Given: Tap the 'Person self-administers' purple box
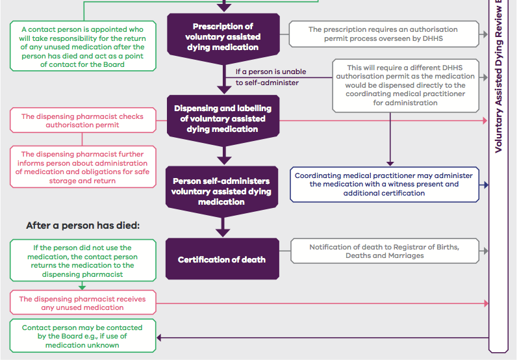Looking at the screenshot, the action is pos(222,192).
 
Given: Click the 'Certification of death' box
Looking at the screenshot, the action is pos(222,259).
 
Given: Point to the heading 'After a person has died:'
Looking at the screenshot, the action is pos(83,225).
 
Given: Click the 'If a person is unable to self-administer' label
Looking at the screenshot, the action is pos(271,77).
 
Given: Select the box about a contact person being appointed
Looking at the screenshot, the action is pos(83,46).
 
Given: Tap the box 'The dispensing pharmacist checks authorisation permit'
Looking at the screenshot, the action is pos(83,120).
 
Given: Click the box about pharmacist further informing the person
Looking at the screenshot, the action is pos(83,167).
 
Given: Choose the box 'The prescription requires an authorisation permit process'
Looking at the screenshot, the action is pos(384,34).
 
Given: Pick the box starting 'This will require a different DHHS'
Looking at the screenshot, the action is pos(406,85).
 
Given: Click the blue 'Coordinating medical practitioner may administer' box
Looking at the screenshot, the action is pos(385,185).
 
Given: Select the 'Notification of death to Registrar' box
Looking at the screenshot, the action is pos(385,251).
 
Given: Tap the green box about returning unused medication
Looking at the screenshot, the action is pos(83,261).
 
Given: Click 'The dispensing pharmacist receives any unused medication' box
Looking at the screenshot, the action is pos(83,303).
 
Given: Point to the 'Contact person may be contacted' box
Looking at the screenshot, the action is pos(83,336).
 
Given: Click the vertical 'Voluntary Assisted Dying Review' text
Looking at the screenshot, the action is pos(498,76).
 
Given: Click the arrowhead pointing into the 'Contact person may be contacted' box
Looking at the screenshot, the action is pos(159,338).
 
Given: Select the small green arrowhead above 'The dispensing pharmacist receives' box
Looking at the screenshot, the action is pos(82,287).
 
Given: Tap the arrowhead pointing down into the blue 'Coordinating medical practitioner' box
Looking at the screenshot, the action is pos(390,164).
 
